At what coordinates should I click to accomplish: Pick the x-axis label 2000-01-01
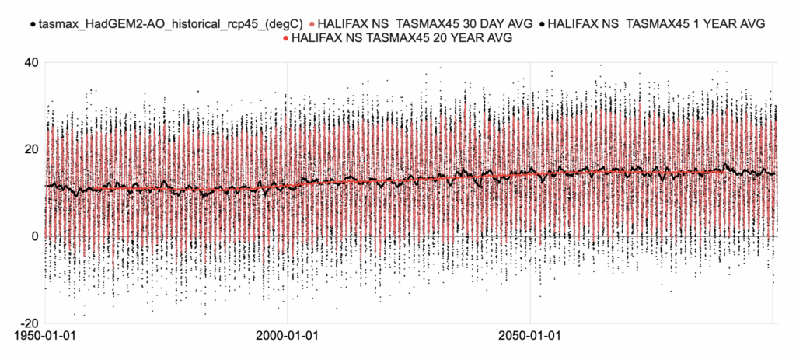click(x=287, y=339)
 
